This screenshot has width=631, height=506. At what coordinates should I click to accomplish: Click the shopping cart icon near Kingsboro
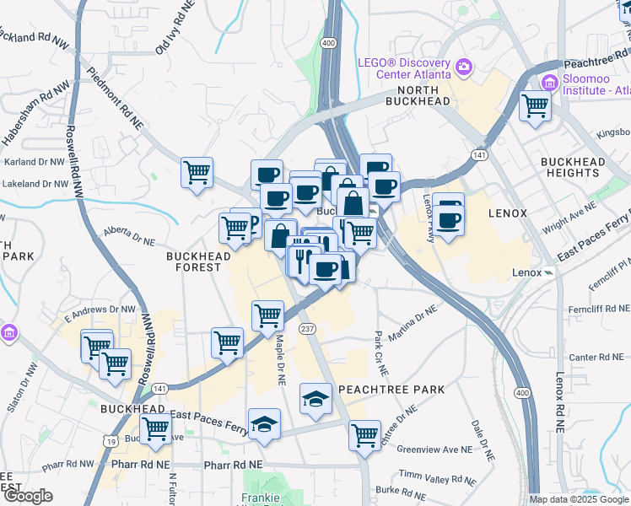tap(535, 106)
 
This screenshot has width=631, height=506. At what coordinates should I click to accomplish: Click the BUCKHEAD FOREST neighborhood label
tap(194, 261)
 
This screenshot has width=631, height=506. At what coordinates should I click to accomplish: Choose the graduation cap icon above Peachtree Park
tap(315, 398)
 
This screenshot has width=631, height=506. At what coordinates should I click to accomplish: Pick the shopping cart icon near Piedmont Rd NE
tap(197, 173)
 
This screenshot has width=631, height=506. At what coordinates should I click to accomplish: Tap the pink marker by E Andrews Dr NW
tap(9, 332)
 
